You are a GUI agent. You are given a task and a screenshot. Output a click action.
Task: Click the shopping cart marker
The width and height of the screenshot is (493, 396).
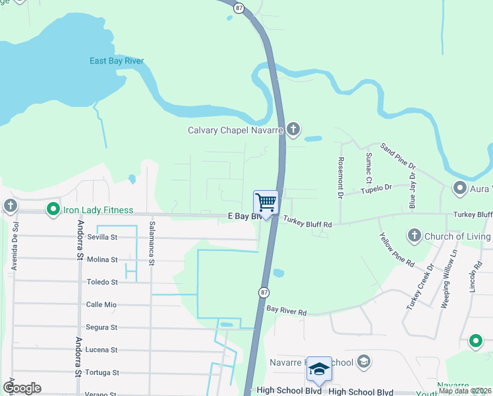click(x=266, y=202)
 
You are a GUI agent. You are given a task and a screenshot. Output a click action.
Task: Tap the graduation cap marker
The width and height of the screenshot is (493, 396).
click(x=319, y=368)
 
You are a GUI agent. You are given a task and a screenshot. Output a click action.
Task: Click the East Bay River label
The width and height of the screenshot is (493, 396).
click(x=117, y=61)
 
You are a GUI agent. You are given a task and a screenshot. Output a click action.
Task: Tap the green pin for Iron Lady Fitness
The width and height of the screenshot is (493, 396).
click(x=53, y=210)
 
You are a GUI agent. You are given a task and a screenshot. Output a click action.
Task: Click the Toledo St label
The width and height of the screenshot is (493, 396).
click(x=102, y=282)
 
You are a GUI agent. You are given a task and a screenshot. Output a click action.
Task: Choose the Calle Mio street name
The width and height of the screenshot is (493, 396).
click(x=101, y=304)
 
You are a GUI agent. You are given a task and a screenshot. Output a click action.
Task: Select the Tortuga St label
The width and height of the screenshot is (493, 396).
click(x=102, y=372)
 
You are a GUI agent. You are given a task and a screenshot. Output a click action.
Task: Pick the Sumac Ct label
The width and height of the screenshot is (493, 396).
click(x=368, y=168)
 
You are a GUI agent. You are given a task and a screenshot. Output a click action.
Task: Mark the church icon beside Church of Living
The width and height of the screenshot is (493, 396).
click(x=414, y=236)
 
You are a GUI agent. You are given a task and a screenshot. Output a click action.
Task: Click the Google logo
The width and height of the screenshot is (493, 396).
click(x=22, y=388)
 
